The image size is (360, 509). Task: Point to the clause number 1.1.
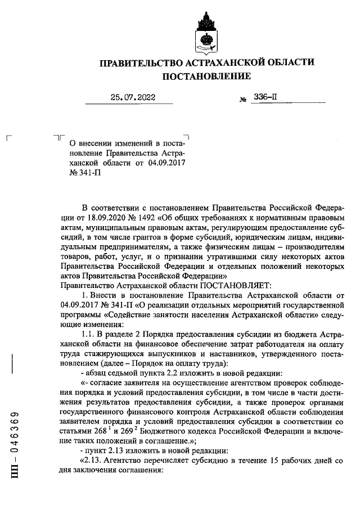(89, 334)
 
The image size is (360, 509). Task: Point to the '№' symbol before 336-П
(243, 100)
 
